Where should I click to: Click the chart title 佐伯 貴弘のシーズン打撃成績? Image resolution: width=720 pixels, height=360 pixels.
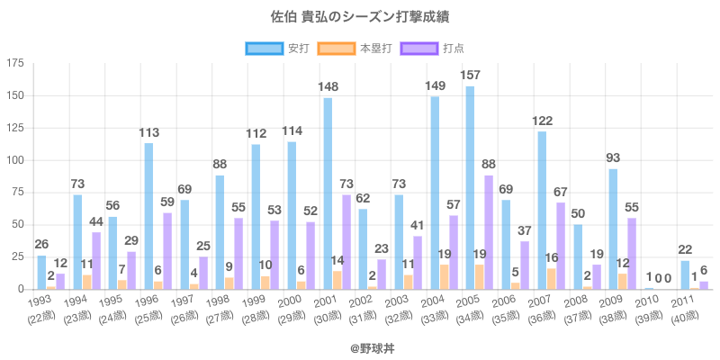coord(360,16)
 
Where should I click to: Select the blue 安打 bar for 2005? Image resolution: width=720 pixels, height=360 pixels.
coord(470,188)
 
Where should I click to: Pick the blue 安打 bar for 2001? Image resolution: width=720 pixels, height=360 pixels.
coord(328,193)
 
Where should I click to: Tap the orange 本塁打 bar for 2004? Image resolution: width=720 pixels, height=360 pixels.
coord(445,277)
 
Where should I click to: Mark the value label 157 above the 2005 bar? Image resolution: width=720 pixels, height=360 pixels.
coord(470,75)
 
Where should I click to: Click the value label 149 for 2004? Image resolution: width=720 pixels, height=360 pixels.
coord(435,85)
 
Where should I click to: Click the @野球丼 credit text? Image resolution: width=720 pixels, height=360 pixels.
coord(360,345)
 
